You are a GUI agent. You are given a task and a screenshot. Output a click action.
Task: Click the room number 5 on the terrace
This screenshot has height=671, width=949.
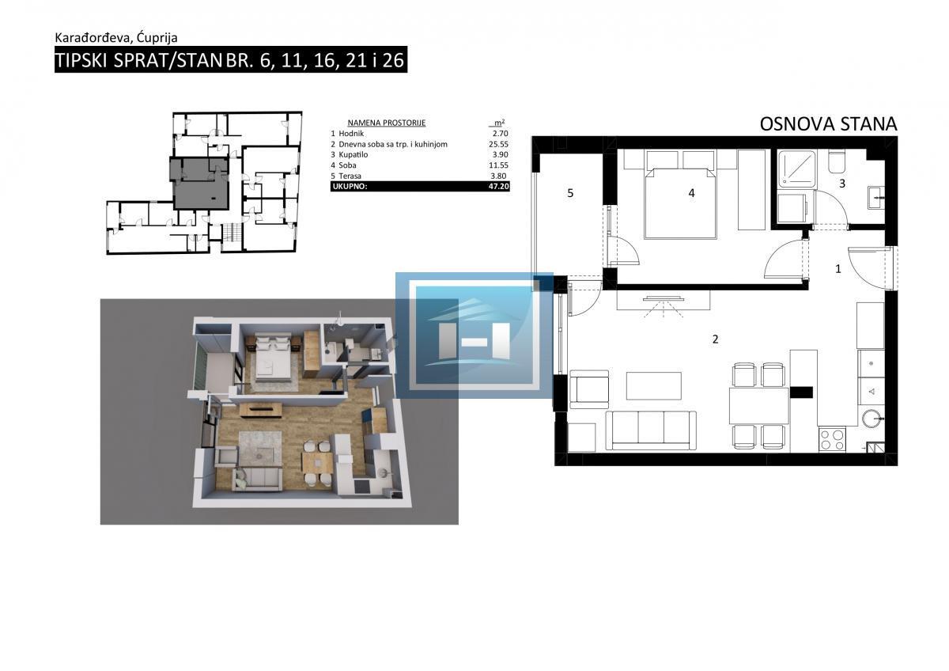570,193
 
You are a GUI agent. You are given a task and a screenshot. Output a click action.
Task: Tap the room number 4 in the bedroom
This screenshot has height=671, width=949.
691,193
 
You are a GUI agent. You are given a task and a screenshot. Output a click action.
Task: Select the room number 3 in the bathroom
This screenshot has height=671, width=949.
842,184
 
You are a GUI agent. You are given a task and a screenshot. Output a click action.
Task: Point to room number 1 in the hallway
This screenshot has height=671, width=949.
838,268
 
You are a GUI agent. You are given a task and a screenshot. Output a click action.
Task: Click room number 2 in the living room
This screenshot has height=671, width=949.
716,339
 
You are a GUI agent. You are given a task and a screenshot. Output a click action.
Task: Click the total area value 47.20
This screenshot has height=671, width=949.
499,186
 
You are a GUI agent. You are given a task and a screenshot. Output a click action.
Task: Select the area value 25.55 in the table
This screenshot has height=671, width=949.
499,144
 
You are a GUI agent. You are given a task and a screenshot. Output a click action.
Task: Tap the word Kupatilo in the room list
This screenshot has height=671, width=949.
354,155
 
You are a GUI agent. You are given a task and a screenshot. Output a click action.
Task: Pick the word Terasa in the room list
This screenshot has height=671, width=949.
350,176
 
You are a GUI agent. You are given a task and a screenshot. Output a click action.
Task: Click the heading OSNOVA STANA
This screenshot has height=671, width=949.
828,124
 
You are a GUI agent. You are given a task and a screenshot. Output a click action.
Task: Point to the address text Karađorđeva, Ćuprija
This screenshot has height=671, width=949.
116,38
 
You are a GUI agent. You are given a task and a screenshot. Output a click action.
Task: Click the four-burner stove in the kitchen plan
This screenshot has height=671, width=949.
832,439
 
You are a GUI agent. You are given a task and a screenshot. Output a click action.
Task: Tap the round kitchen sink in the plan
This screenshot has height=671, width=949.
873,418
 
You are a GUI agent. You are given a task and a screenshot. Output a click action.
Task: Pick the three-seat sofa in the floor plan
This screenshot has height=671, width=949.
651,430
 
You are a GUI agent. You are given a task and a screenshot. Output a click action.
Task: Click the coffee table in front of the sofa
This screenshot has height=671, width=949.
654,385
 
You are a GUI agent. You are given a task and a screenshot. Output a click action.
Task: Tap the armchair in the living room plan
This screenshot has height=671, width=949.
589,389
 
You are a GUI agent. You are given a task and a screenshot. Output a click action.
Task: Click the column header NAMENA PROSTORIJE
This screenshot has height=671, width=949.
387,123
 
